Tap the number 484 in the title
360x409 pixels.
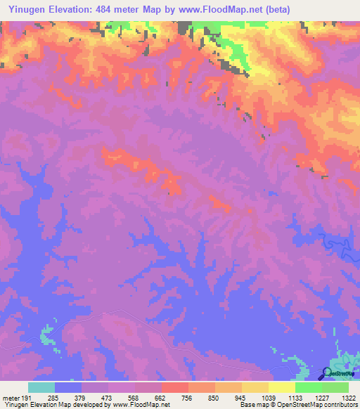110,8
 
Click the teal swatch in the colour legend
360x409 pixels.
41,387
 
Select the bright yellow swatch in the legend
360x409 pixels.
281,387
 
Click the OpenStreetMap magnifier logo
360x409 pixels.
327,372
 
